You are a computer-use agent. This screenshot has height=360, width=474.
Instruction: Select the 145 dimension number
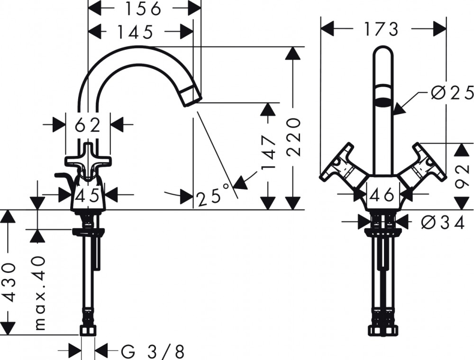(x=135, y=32)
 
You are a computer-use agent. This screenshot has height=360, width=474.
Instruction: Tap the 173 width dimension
(x=381, y=29)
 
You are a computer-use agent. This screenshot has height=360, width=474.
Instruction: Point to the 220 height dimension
(x=293, y=137)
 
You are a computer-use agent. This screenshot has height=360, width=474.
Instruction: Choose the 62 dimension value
(x=88, y=125)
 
